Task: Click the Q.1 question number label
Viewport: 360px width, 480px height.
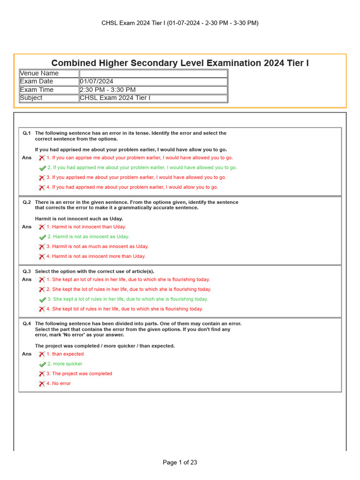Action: [27, 133]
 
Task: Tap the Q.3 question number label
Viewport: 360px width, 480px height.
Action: [27, 271]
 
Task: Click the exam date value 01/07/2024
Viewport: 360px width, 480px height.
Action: [97, 82]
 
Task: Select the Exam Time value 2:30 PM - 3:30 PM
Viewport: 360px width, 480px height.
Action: [108, 90]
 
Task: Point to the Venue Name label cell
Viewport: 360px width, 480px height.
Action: [39, 73]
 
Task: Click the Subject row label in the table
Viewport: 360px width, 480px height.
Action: [31, 98]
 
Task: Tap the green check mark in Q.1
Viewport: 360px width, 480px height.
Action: [43, 168]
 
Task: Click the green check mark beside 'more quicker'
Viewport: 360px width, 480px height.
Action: [43, 364]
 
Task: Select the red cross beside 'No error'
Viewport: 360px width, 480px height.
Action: [42, 384]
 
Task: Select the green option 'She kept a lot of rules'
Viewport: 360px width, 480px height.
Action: [131, 299]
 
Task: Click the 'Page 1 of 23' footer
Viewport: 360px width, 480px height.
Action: [180, 462]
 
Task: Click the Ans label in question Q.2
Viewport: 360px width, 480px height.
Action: [27, 227]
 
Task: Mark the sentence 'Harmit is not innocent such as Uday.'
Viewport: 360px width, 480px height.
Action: [79, 219]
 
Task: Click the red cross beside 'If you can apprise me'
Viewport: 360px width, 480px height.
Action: [42, 158]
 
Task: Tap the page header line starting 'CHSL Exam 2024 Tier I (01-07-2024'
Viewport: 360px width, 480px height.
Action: [180, 23]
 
